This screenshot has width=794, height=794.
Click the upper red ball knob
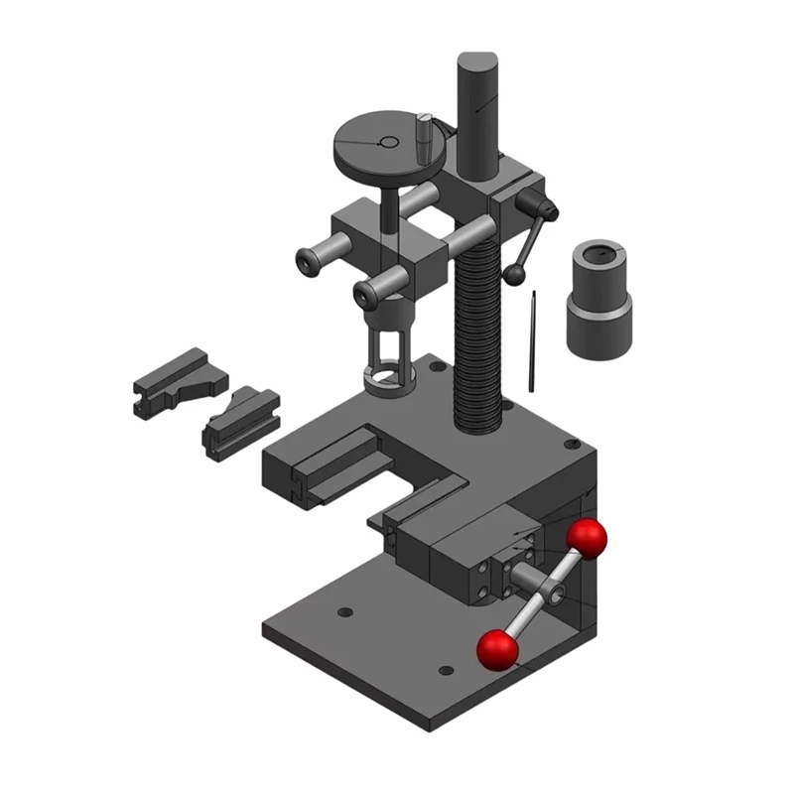tap(587, 538)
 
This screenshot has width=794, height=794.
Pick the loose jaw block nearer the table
tap(238, 421)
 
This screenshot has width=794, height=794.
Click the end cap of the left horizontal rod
tap(309, 261)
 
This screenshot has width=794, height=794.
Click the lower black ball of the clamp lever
tap(515, 273)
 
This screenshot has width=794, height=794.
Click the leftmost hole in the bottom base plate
tap(344, 612)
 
